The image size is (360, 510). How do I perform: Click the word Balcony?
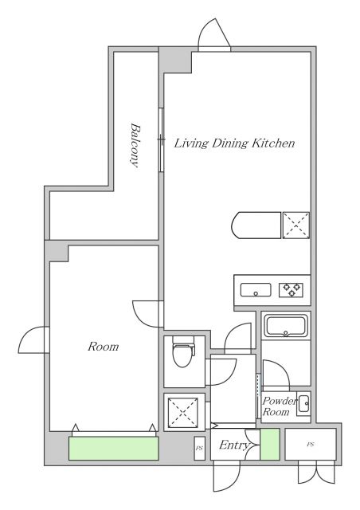pyautogui.click(x=135, y=145)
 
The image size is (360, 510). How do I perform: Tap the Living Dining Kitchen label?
pyautogui.click(x=234, y=143)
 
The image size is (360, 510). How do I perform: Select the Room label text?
pyautogui.click(x=103, y=347)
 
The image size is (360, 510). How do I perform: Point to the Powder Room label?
pyautogui.click(x=280, y=406)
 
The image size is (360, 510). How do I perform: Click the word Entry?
pyautogui.click(x=234, y=445)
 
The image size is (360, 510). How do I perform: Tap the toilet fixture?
pyautogui.click(x=183, y=351)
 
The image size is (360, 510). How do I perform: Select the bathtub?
pyautogui.click(x=285, y=326)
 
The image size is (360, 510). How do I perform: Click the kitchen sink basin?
pyautogui.click(x=256, y=290)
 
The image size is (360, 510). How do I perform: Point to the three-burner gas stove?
pyautogui.click(x=291, y=290)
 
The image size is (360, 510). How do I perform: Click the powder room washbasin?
pyautogui.click(x=304, y=404)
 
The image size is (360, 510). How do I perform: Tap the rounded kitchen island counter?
pyautogui.click(x=256, y=226)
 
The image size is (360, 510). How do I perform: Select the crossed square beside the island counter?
pyautogui.click(x=296, y=226)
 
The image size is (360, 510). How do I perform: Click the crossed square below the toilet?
pyautogui.click(x=183, y=412)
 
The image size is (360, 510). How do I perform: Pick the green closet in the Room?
pyautogui.click(x=114, y=448)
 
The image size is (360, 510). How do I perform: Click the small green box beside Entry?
pyautogui.click(x=269, y=445)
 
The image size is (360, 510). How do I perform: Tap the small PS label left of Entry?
pyautogui.click(x=199, y=448)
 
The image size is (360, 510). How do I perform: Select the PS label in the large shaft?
pyautogui.click(x=311, y=445)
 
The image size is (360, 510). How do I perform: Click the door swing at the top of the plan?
pyautogui.click(x=214, y=34)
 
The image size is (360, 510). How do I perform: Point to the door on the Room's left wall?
pyautogui.click(x=33, y=340)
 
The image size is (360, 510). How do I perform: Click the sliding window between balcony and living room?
pyautogui.click(x=160, y=139)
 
